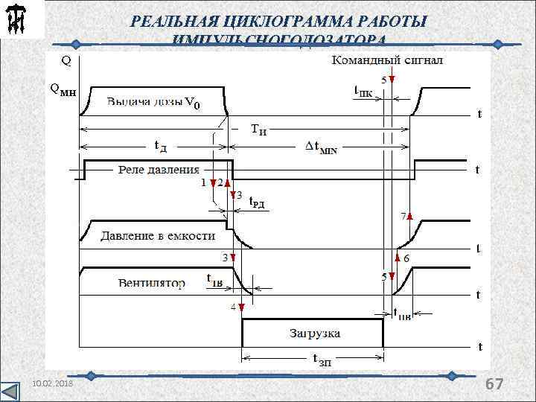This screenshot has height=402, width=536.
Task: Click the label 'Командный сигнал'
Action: coord(387,60)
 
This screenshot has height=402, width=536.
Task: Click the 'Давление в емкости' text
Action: coord(159,235)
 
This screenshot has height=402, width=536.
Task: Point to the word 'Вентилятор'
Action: coord(151,284)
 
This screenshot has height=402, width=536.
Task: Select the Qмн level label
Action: coord(62,89)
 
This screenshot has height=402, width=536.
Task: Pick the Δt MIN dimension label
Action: coord(322,148)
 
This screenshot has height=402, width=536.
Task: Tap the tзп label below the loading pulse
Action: coord(321,361)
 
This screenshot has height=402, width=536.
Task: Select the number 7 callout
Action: coord(403,217)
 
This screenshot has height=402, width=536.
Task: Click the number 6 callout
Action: coord(406,258)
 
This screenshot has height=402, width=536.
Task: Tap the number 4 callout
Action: coord(233,307)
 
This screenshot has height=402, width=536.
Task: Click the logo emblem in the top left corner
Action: coord(17,22)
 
